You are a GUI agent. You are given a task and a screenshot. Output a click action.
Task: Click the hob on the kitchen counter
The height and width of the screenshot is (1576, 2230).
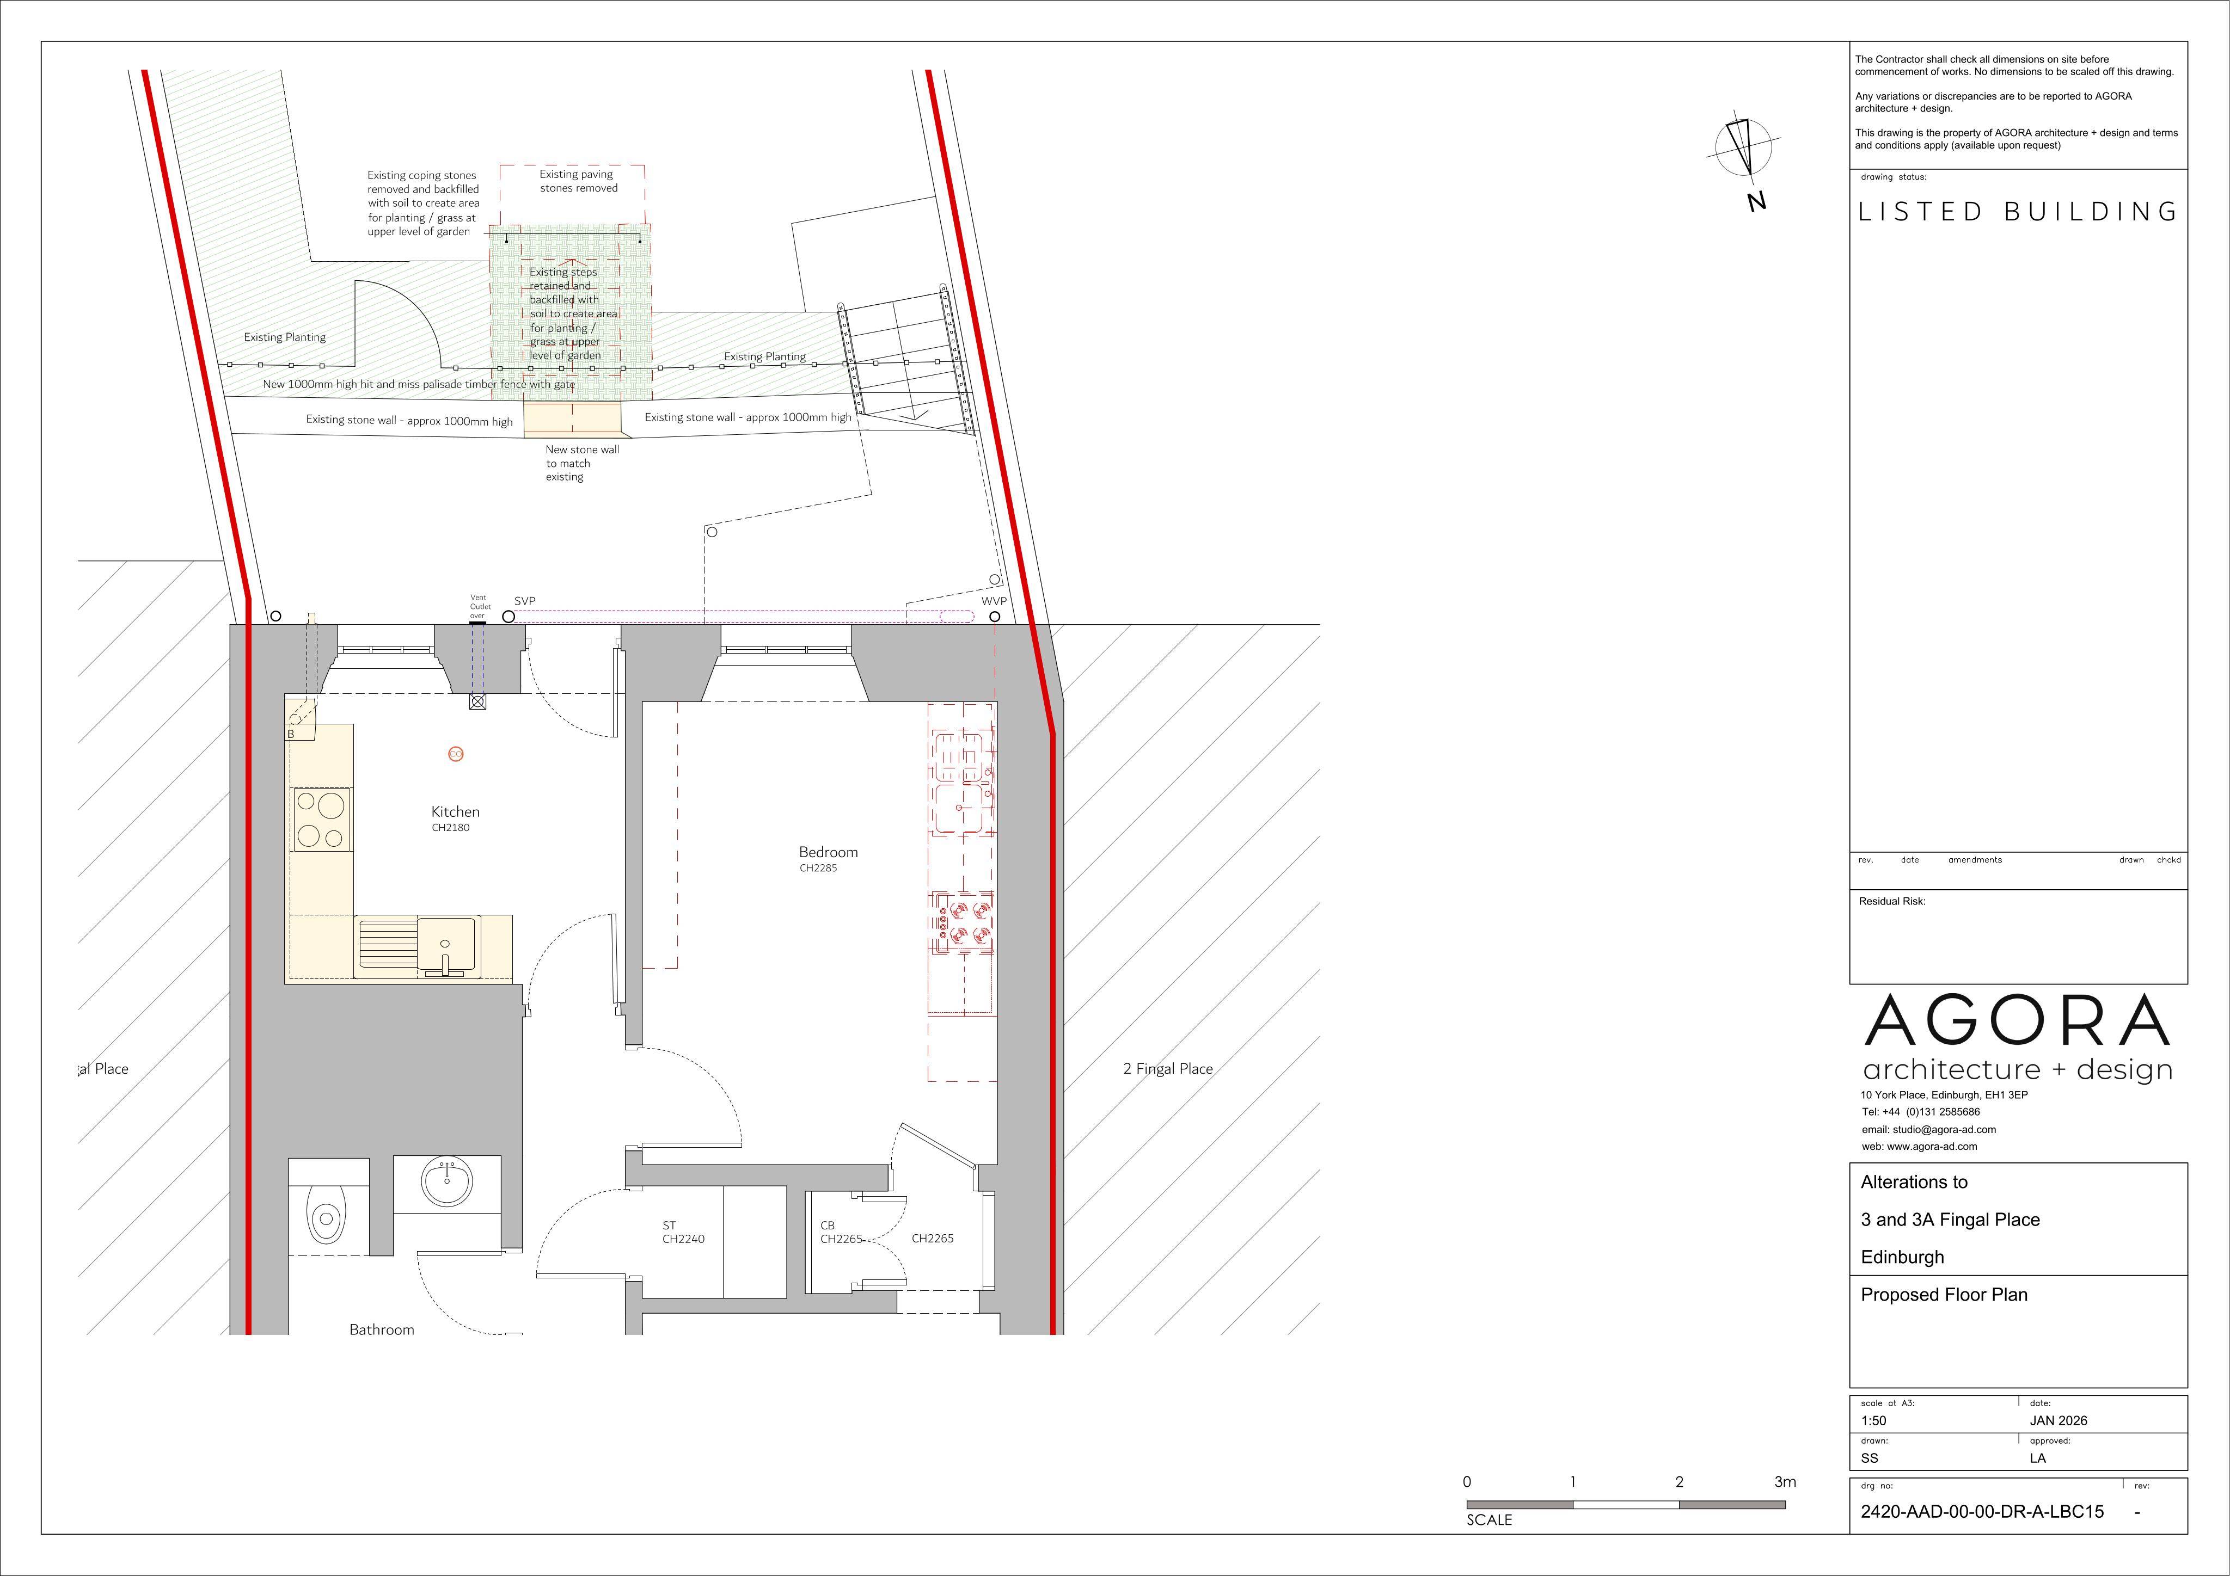[x=321, y=821]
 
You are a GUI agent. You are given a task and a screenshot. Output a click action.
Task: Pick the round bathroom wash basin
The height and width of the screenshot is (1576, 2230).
[x=448, y=1182]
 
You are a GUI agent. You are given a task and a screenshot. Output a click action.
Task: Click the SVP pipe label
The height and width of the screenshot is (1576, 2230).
[x=524, y=601]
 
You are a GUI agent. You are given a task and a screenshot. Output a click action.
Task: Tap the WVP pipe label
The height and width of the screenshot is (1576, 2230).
[x=994, y=601]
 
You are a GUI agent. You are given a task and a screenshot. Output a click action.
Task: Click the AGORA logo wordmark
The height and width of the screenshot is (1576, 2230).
[x=2017, y=1020]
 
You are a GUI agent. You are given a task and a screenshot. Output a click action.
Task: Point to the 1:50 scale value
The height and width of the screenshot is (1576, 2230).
[x=1873, y=1421]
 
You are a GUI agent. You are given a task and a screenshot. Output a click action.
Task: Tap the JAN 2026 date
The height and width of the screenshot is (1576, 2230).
[x=2058, y=1421]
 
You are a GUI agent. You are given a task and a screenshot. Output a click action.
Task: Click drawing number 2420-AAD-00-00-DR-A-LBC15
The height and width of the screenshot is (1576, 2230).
[x=1982, y=1512]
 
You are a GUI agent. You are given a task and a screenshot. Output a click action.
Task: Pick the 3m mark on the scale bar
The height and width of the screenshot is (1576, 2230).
[x=1785, y=1482]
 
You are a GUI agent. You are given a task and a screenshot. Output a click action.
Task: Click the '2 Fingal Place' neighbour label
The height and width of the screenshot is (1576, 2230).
[x=1167, y=1069]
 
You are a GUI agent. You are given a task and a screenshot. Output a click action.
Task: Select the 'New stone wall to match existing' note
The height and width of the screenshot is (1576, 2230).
[x=582, y=463]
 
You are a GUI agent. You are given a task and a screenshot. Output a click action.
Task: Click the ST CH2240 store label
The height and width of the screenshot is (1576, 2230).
[x=683, y=1232]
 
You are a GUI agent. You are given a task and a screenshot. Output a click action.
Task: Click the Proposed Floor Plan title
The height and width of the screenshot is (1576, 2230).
[x=1944, y=1295]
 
